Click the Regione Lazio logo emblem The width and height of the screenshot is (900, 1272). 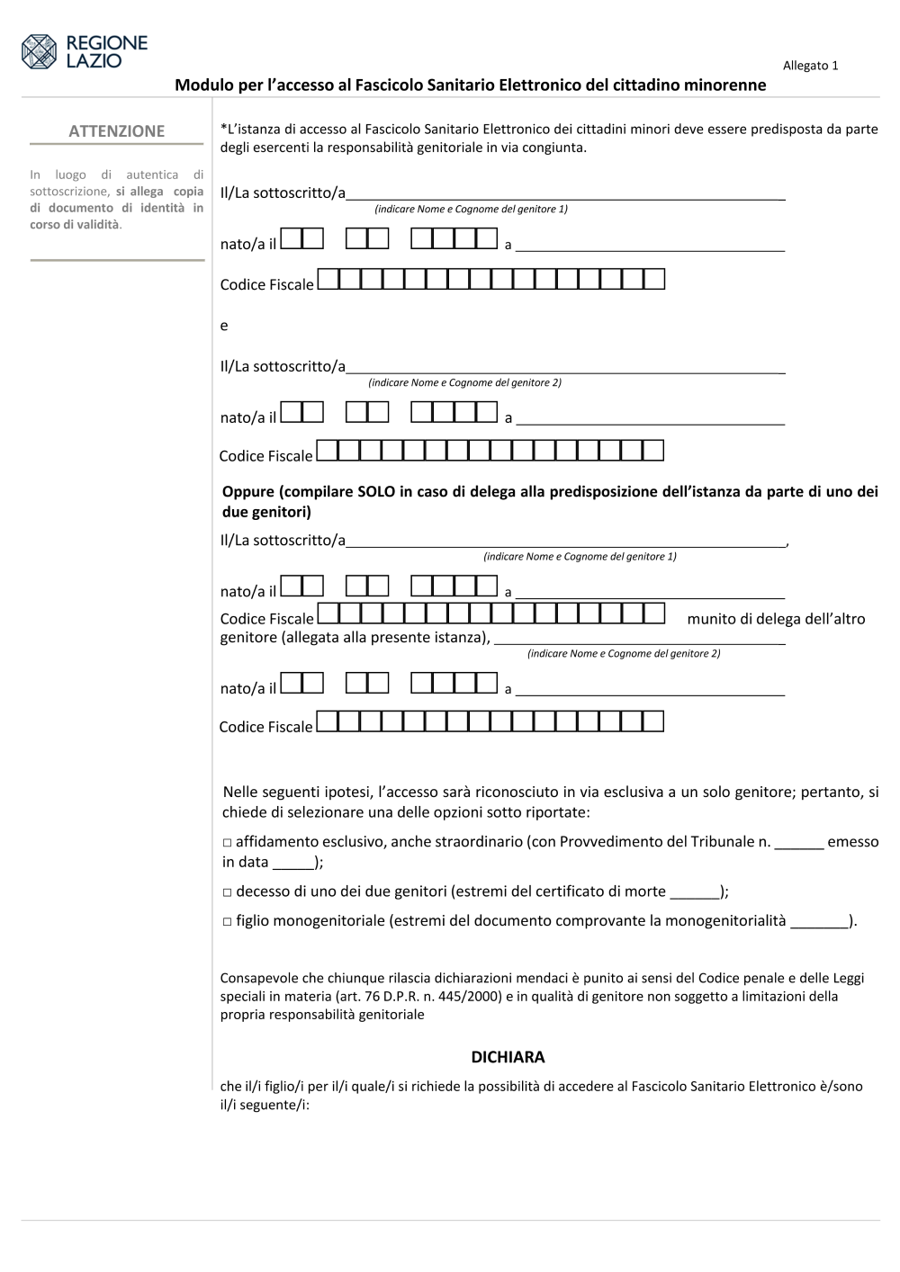click(39, 51)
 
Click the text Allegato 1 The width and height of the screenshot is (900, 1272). click(810, 66)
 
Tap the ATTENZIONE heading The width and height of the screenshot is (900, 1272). click(117, 131)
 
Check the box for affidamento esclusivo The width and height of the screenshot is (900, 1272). click(228, 843)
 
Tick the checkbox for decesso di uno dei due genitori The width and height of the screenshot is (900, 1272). click(228, 892)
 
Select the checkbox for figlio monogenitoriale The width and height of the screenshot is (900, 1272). click(228, 922)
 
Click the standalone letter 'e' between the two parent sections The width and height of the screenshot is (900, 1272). click(224, 326)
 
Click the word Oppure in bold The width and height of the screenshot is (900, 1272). click(248, 492)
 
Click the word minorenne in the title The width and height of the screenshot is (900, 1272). click(724, 85)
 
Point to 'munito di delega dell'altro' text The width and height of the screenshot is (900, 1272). click(776, 619)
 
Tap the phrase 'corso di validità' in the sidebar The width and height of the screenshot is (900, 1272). click(75, 224)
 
